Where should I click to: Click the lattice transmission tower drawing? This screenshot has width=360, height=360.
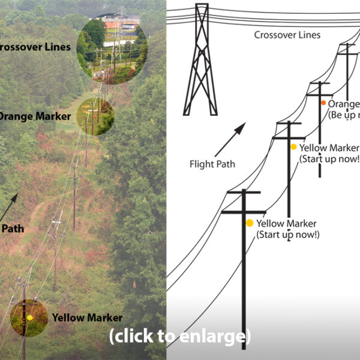click(200, 60)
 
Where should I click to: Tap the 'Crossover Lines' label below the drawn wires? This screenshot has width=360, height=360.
click(287, 35)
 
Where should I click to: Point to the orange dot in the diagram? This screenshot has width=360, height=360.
click(323, 103)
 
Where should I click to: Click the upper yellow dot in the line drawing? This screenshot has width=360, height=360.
click(293, 147)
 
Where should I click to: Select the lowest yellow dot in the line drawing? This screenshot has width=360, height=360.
click(250, 223)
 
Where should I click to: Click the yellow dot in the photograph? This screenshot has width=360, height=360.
click(29, 317)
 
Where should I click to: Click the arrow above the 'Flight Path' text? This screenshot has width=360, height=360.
click(231, 137)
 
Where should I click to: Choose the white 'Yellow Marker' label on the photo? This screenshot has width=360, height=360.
click(87, 317)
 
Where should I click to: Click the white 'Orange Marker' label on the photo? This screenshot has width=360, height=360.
click(35, 116)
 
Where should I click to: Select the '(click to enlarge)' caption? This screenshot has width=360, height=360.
click(179, 336)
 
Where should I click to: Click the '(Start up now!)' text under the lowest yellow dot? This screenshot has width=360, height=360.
click(288, 234)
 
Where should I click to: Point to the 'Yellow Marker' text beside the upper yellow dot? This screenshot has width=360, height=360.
click(329, 148)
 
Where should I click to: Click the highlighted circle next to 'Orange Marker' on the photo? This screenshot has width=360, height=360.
click(95, 116)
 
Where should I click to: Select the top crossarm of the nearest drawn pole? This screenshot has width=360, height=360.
click(244, 193)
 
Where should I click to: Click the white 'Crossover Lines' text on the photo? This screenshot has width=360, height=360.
click(35, 47)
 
